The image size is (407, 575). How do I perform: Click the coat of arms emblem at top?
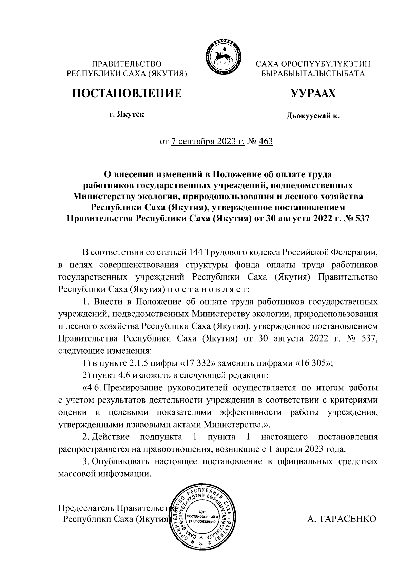coord(222,56)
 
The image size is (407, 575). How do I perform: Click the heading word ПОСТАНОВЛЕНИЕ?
coord(126,93)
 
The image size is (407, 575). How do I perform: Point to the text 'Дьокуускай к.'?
coord(313,116)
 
